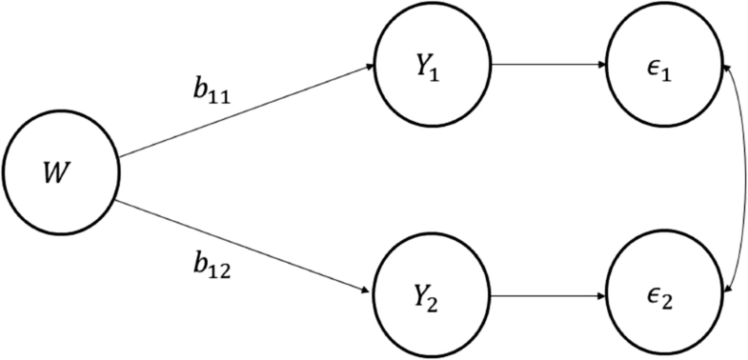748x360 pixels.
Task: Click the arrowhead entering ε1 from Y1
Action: click(x=602, y=68)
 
